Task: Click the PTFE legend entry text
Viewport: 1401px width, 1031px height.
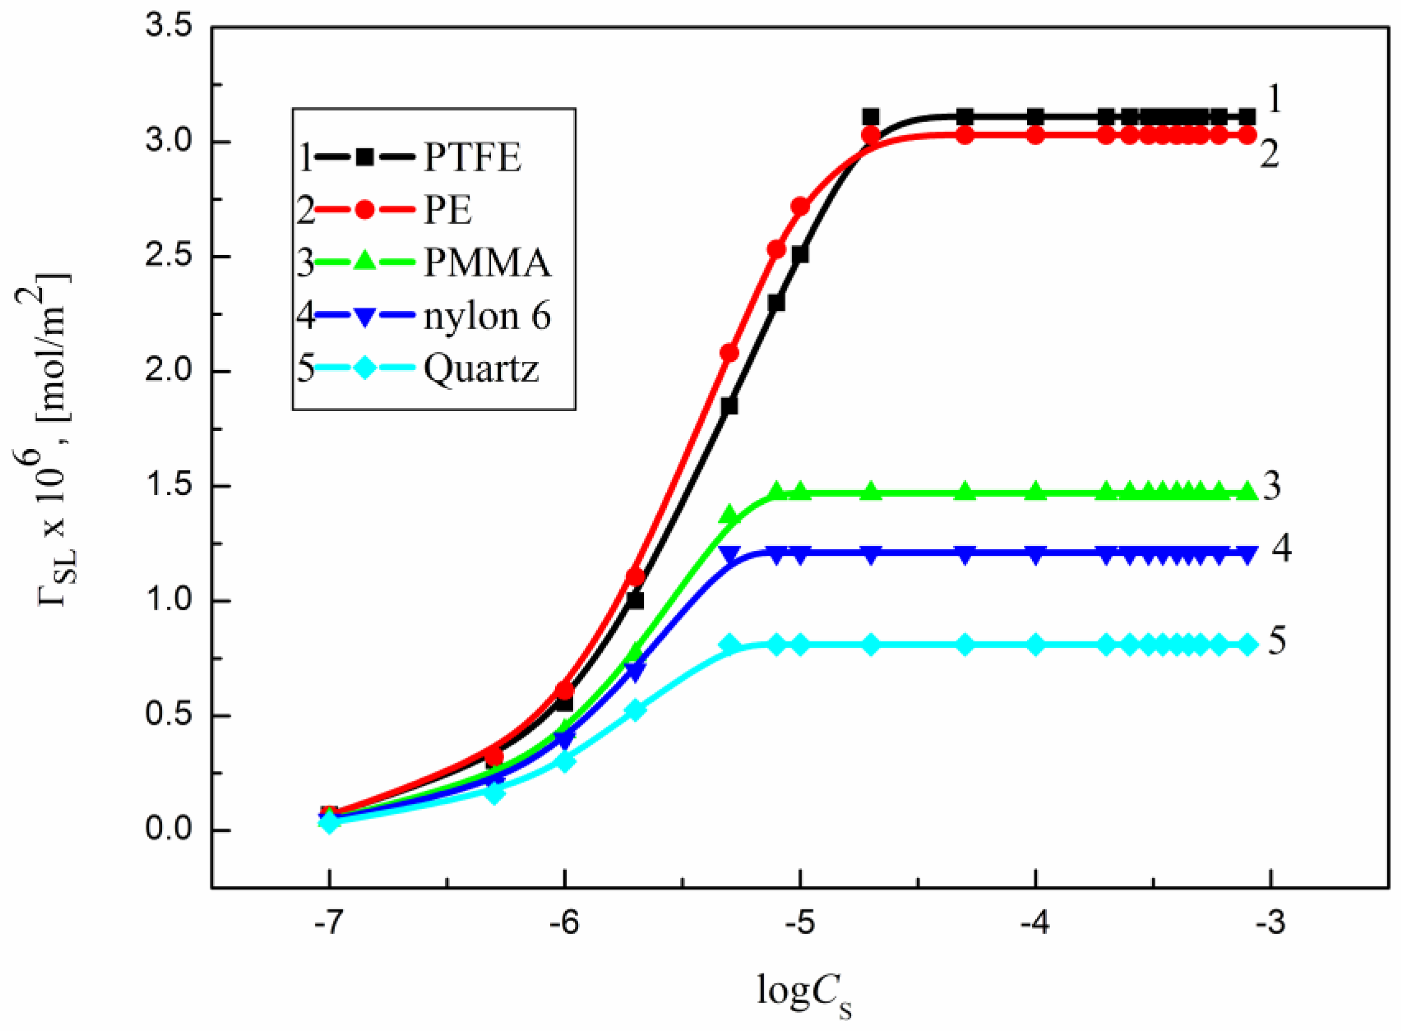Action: coord(472,157)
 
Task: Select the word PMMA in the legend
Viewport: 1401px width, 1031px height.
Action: coord(487,263)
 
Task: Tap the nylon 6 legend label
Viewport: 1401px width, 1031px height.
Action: coord(487,316)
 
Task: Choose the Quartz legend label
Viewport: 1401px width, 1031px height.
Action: coord(481,369)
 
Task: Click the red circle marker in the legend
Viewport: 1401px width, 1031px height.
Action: coord(365,210)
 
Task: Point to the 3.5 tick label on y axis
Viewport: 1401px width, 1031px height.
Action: coord(169,27)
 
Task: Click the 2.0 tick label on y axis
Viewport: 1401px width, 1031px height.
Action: coord(169,372)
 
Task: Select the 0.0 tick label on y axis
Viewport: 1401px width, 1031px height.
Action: coord(169,831)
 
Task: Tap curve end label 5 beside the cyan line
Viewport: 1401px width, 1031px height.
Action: coord(1277,642)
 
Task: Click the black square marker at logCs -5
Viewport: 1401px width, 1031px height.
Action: coord(800,255)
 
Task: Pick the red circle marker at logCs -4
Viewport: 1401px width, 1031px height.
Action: coord(1035,135)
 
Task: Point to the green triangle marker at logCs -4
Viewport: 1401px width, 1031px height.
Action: coord(1035,492)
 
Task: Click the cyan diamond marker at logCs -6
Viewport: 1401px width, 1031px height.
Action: coord(564,762)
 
